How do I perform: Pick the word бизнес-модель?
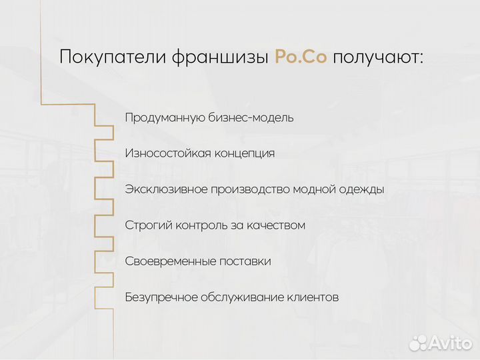pos(251,118)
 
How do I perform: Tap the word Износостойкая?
pos(167,153)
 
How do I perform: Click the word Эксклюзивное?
pos(166,189)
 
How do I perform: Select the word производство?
pos(250,190)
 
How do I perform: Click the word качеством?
pos(277,225)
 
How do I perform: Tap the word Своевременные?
pos(171,261)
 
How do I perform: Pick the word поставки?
pos(247,261)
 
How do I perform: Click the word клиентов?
pos(313,297)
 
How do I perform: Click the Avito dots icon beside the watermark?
pos(417,343)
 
